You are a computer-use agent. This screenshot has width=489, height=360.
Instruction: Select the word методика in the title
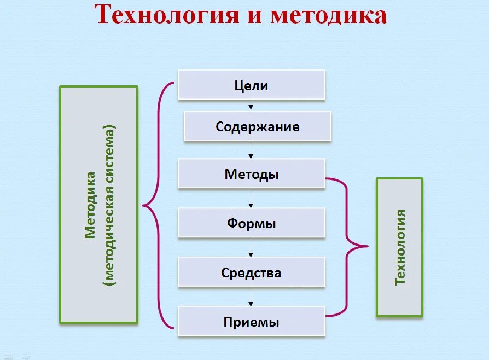(x=328, y=15)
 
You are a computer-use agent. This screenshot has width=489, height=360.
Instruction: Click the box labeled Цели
(x=251, y=85)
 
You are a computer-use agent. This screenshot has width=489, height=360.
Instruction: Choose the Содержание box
(x=257, y=127)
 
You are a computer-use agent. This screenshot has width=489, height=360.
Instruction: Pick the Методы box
(x=251, y=175)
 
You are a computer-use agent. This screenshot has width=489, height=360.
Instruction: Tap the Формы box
(x=251, y=223)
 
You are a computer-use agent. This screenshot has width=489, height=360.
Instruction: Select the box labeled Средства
(x=251, y=272)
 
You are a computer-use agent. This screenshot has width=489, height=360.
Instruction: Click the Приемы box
(x=251, y=322)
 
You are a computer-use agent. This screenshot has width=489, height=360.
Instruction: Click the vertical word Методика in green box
(x=90, y=205)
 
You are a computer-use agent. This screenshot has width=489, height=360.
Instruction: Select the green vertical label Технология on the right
(x=400, y=247)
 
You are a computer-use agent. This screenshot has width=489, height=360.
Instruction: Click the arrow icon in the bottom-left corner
(x=25, y=356)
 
